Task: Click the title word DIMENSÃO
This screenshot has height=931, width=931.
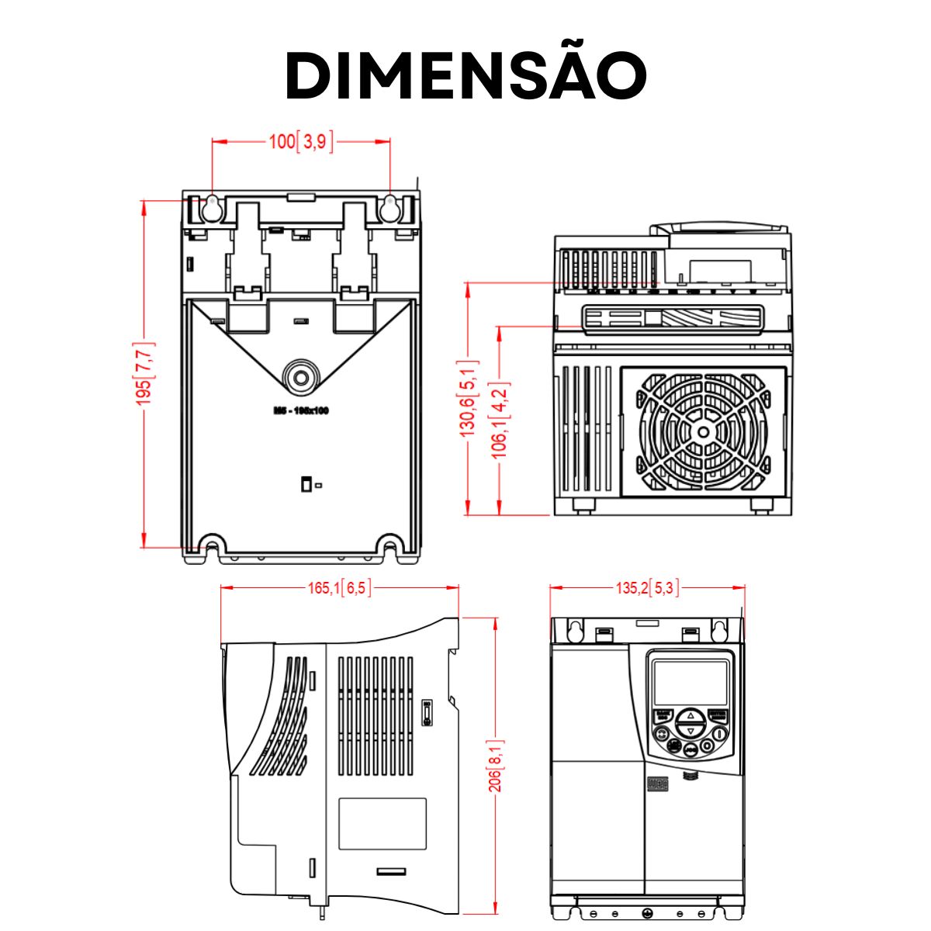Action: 465,75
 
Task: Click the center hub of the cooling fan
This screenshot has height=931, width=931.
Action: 703,432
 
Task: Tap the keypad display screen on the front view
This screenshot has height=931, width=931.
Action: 690,683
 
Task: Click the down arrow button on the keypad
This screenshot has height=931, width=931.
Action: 690,731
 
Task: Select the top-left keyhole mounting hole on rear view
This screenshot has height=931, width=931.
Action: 212,207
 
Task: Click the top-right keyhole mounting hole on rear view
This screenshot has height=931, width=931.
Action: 389,207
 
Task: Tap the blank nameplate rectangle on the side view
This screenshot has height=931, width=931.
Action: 382,824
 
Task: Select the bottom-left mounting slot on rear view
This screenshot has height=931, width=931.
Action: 211,545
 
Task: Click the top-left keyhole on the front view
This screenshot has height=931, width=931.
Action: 575,631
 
